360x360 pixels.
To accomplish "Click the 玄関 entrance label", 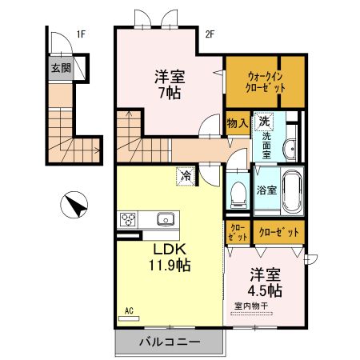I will [61, 69].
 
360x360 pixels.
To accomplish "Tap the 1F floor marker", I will [81, 34].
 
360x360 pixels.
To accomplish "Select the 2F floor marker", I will [210, 34].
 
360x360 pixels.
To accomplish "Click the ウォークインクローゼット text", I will [265, 80].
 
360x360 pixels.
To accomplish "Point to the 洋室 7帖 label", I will [169, 86].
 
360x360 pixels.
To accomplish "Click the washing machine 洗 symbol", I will [263, 122].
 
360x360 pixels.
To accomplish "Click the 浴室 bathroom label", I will [266, 190].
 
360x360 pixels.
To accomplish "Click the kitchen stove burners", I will [129, 218].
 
